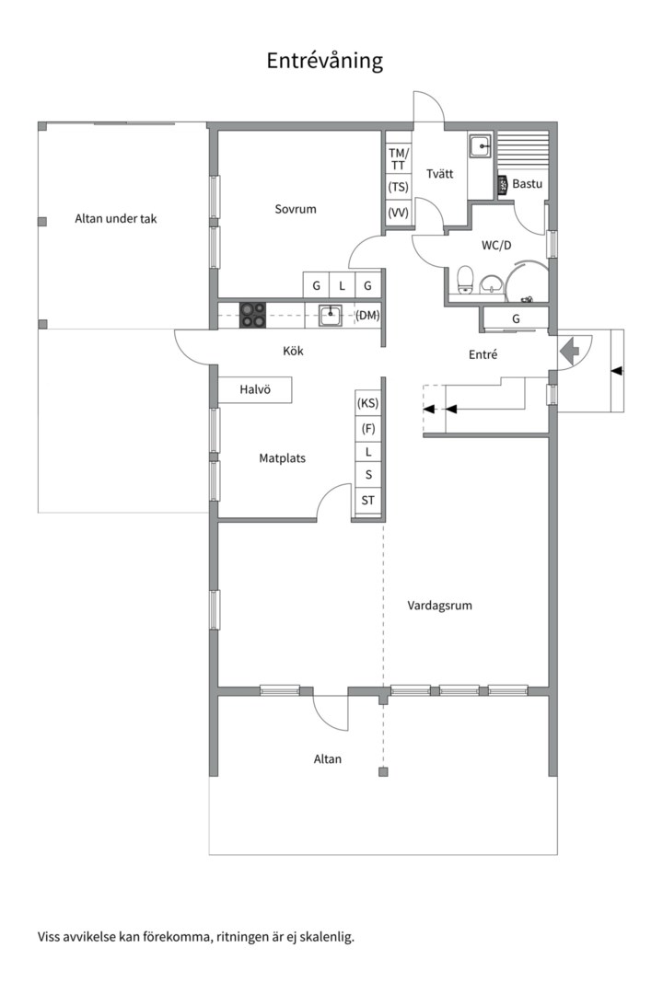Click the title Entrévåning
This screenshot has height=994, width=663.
pyautogui.click(x=324, y=61)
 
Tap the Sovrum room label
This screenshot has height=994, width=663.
pyautogui.click(x=295, y=209)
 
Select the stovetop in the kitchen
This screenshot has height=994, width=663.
pyautogui.click(x=252, y=315)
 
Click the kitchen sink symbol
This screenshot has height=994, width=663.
pyautogui.click(x=330, y=315)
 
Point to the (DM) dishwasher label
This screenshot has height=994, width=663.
pyautogui.click(x=367, y=315)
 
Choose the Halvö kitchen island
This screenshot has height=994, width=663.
pyautogui.click(x=255, y=390)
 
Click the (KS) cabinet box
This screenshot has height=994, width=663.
pyautogui.click(x=367, y=403)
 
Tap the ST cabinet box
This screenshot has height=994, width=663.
pyautogui.click(x=367, y=500)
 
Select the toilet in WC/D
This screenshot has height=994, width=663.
pyautogui.click(x=466, y=281)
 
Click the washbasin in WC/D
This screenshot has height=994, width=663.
pyautogui.click(x=491, y=284)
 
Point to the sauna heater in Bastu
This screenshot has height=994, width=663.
pyautogui.click(x=503, y=184)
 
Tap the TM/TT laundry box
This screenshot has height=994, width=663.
pyautogui.click(x=399, y=159)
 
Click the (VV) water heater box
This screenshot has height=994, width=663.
pyautogui.click(x=399, y=213)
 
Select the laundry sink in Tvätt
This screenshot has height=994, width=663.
pyautogui.click(x=480, y=146)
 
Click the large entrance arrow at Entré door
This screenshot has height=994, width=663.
pyautogui.click(x=570, y=350)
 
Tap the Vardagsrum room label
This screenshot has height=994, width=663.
pyautogui.click(x=439, y=606)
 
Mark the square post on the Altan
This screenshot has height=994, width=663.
pyautogui.click(x=382, y=771)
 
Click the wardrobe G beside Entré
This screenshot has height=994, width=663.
pyautogui.click(x=516, y=318)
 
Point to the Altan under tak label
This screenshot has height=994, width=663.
pyautogui.click(x=115, y=219)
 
